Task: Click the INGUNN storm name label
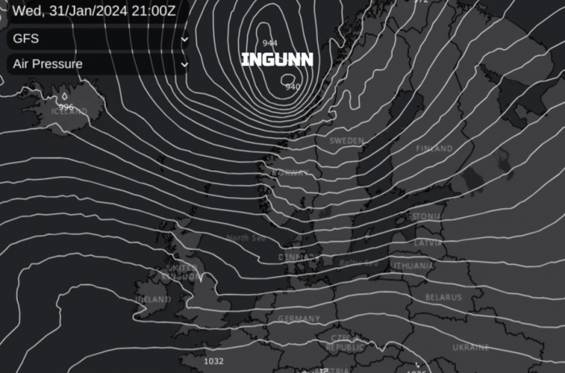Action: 277,60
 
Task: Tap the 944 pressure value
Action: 270,43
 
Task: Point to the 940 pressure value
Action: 292,86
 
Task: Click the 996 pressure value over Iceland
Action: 66,107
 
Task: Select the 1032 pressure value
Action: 214,362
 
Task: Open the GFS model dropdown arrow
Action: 185,39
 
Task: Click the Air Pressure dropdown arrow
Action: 185,64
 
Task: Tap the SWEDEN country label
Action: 346,140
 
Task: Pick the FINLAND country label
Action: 434,149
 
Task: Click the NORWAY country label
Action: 289,173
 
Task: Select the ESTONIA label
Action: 425,217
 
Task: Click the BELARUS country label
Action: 443,297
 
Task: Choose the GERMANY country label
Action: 299,319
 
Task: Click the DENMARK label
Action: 295,257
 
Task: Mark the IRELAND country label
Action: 153,299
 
